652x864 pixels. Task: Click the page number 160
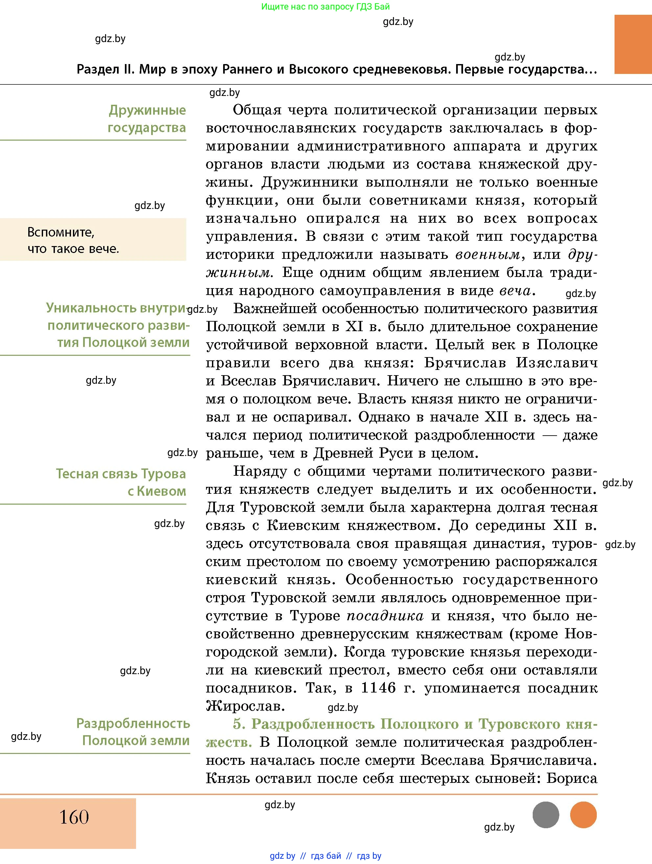74,817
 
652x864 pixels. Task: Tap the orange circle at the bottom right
583,815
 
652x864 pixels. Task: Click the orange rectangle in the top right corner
633,44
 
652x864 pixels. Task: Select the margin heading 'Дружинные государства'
147,119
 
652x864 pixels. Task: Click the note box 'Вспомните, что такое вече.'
93,240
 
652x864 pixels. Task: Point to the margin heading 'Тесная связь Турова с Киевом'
121,482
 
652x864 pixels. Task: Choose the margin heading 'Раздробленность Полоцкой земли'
133,732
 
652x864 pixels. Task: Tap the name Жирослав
244,706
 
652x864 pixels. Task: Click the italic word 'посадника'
385,616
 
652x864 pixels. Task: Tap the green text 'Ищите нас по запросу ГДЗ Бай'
325,7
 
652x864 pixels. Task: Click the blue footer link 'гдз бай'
326,856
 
